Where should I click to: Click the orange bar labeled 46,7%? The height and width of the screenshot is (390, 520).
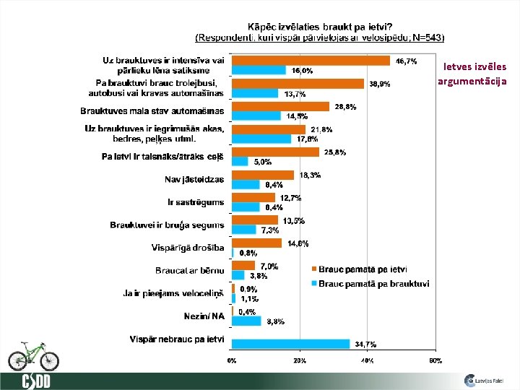[x=311, y=61]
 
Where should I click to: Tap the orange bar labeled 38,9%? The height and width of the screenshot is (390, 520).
[x=298, y=83]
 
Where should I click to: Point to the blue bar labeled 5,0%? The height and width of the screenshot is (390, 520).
[x=240, y=162]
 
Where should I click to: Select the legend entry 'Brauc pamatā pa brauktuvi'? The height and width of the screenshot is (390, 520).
[x=373, y=284]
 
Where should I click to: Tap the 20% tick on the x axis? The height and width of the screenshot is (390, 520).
[x=299, y=360]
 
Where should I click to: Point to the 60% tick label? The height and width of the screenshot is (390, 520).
[x=435, y=360]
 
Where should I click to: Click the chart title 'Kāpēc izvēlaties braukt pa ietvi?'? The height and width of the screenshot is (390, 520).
[x=320, y=26]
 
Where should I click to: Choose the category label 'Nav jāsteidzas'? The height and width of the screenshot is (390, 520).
[x=195, y=180]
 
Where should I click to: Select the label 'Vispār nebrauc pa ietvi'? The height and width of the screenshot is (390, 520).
[x=177, y=339]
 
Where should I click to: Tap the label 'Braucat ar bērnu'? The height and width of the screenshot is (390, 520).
[x=189, y=271]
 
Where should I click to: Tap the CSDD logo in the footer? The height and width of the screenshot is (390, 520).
[x=35, y=381]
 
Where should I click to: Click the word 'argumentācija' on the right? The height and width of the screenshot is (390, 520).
[x=472, y=81]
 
